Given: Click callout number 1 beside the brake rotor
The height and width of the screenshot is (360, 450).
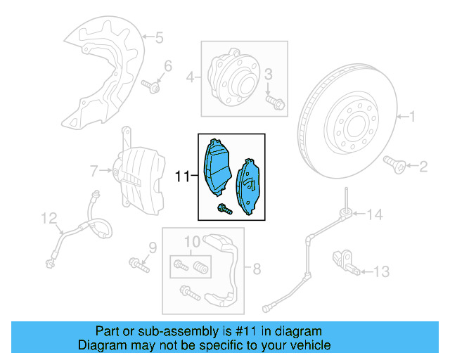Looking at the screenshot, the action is pyautogui.click(x=413, y=117).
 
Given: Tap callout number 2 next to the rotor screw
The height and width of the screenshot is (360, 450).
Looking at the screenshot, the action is pyautogui.click(x=423, y=167).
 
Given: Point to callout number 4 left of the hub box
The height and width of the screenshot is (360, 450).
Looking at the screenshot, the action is pyautogui.click(x=189, y=77).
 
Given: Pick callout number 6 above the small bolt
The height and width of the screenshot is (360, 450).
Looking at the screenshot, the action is pyautogui.click(x=167, y=67).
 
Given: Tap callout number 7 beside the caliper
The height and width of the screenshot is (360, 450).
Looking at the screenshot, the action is pyautogui.click(x=94, y=169).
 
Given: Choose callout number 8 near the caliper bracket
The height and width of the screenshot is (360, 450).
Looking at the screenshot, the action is pyautogui.click(x=257, y=268).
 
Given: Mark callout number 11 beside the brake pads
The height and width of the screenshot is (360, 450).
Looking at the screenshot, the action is pyautogui.click(x=182, y=176).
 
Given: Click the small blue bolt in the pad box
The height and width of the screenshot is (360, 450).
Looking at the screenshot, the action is pyautogui.click(x=223, y=208).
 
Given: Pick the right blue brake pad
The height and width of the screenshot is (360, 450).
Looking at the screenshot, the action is pyautogui.click(x=251, y=186).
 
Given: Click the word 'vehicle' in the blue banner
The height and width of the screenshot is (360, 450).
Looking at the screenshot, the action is pyautogui.click(x=306, y=345).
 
